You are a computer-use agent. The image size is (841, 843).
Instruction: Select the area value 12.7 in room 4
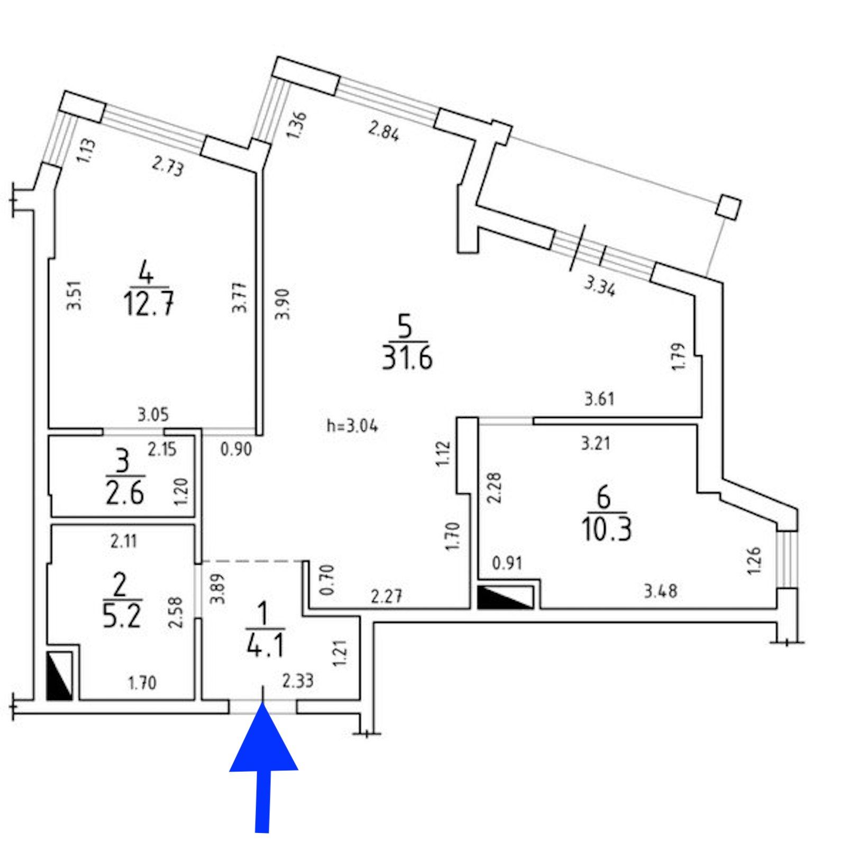point(149,304)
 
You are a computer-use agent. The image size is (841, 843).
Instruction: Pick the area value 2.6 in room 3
point(125,493)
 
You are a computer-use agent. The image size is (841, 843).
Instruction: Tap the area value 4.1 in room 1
point(266,646)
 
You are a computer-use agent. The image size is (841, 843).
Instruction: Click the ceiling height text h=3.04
point(353,425)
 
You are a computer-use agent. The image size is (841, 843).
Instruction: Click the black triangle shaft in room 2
point(59,676)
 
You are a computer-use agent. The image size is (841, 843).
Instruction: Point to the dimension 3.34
point(600,286)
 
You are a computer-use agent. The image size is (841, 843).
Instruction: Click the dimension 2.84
point(384,130)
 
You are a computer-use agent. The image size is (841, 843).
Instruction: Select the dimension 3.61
point(599,398)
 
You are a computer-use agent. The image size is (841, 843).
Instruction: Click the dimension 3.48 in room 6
point(660,591)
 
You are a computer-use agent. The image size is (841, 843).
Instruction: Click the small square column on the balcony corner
point(728,206)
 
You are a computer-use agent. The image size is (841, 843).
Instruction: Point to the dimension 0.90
point(236,449)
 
